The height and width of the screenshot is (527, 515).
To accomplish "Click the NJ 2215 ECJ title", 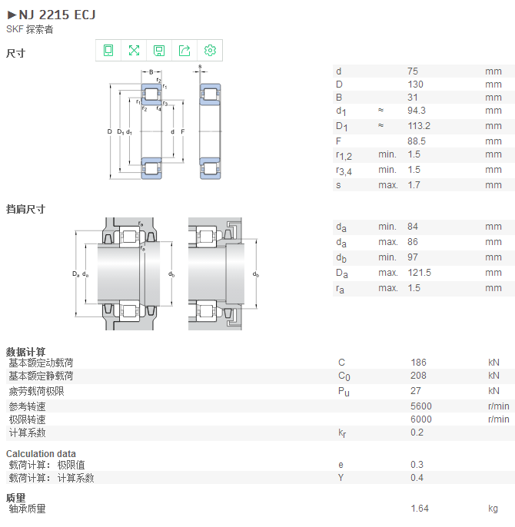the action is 57,15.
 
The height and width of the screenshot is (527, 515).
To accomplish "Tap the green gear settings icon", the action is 210,51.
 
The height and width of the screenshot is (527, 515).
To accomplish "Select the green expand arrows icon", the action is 134,51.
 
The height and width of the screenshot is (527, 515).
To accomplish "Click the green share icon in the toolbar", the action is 184,51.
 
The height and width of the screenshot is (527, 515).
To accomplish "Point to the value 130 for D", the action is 415,85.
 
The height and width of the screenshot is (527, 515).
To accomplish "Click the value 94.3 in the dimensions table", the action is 417,111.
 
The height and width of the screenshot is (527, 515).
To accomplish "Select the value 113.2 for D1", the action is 419,126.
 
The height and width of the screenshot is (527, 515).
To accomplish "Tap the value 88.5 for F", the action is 417,141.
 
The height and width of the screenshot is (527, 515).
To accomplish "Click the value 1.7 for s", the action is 414,185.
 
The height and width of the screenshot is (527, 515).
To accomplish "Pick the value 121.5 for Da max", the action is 419,273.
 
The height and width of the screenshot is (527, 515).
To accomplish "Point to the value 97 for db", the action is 413,257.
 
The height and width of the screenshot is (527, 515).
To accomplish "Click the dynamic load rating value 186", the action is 418,363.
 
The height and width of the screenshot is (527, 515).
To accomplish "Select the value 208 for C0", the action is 418,376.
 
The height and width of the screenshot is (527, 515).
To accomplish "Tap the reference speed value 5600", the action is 421,406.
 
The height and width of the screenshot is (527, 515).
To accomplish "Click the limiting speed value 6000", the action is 421,419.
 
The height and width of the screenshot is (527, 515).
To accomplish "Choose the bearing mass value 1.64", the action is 420,509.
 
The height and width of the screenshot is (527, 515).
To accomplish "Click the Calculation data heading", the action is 41,454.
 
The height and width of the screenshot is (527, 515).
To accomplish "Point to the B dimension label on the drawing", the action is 151,72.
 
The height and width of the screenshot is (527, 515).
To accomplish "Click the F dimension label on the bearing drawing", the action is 183,132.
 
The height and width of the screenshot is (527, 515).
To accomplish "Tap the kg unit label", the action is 493,509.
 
